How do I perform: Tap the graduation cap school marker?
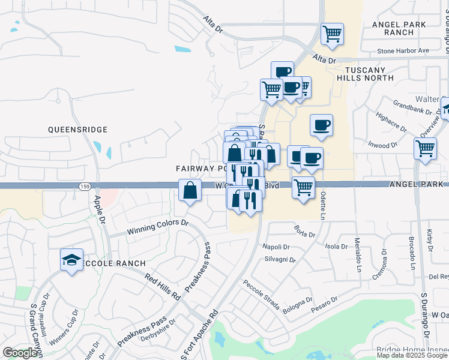[71, 260]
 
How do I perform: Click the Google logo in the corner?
[20, 353]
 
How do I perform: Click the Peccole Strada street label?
[262, 294]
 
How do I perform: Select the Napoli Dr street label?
[276, 247]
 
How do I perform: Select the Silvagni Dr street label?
[279, 260]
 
